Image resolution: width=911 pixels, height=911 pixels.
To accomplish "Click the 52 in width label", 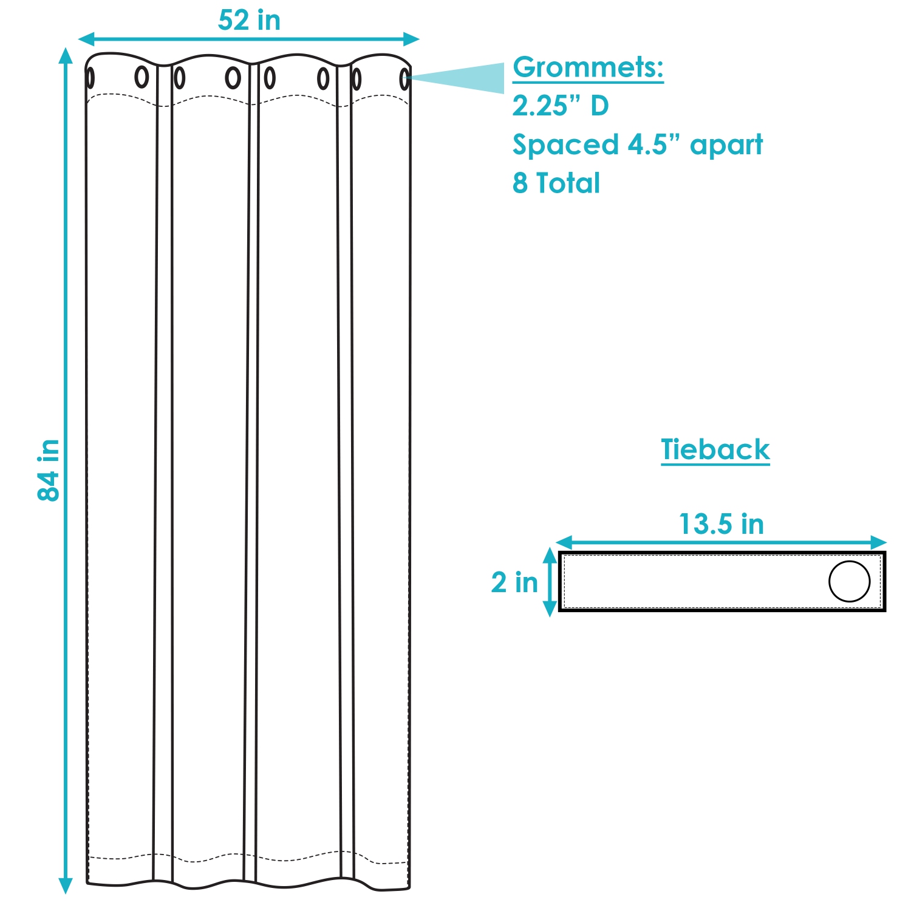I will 249,21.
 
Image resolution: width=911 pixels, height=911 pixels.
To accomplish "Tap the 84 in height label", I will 49,470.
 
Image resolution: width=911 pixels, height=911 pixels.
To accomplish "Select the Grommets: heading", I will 588,67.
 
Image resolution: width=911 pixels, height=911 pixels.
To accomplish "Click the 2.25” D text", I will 560,106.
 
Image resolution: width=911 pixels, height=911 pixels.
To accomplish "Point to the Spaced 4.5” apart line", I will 638,145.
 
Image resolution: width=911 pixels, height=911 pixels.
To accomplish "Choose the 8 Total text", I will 556,183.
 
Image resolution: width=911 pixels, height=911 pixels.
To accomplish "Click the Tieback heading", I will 715,450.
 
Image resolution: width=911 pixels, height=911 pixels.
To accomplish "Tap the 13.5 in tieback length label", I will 721,524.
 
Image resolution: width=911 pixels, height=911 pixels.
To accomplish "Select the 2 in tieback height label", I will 514,582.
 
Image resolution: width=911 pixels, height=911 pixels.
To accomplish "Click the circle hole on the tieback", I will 849,581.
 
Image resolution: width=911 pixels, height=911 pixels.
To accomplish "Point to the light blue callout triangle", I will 468,78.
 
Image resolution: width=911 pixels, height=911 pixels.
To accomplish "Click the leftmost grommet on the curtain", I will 90,78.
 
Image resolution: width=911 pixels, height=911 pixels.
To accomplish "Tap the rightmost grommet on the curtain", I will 404,79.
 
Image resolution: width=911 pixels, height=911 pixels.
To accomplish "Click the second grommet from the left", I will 142,77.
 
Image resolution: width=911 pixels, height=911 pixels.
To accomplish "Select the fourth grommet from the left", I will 233,78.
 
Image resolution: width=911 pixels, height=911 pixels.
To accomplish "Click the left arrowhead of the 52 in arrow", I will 86,39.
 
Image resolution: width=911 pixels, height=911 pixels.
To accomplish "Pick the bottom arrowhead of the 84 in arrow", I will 66,886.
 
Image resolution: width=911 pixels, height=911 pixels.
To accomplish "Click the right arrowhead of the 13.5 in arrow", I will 879,542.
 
